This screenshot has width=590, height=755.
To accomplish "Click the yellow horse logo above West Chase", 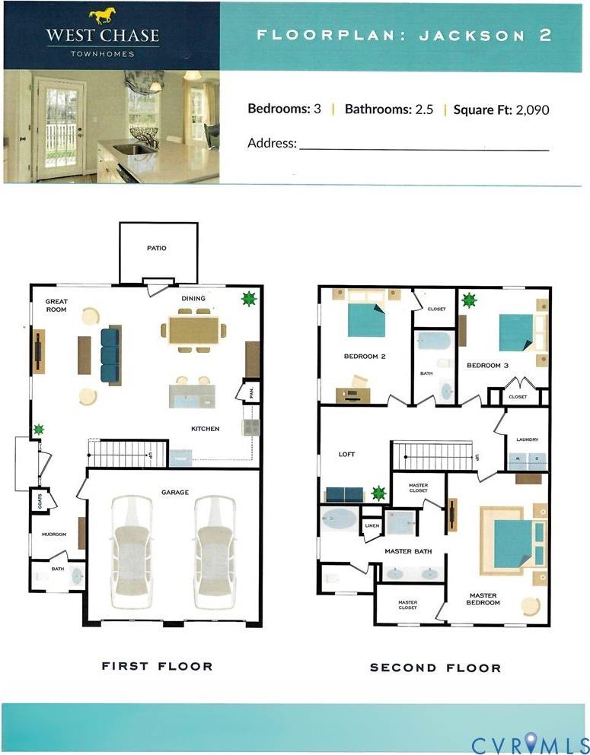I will tap(104, 16).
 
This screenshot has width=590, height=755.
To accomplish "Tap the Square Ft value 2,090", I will tap(532, 109).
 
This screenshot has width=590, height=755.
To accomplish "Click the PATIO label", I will tap(157, 248).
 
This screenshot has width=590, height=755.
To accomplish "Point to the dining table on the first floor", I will tap(193, 330).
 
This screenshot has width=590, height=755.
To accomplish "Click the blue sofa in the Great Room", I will tap(110, 355).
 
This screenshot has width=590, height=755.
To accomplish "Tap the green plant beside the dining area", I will tap(247, 299).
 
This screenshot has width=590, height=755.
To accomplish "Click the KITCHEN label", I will tap(205, 429).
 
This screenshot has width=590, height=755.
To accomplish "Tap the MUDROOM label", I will tap(54, 535).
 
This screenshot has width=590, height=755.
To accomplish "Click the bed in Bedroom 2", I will tap(366, 320).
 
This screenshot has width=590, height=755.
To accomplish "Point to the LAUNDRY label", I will tap(527, 439).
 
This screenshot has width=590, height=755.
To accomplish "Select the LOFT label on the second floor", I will tap(346, 455).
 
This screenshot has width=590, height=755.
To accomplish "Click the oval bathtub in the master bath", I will tap(339, 520).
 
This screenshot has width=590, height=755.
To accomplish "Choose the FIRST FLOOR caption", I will tap(157, 666).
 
